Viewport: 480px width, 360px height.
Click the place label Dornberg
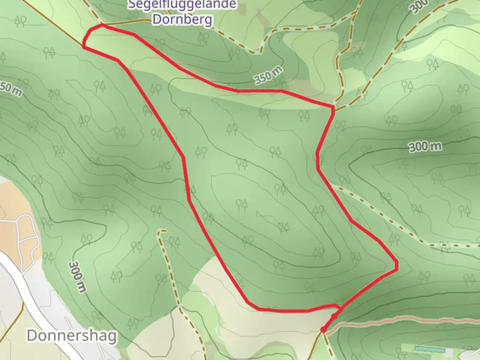click(182, 19)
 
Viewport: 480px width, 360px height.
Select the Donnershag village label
click(72, 335)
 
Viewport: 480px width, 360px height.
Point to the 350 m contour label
click(269, 75)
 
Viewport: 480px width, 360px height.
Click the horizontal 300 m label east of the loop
click(425, 147)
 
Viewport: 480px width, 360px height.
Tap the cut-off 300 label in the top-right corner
click(419, 6)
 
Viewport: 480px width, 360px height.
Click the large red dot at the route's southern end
click(323, 330)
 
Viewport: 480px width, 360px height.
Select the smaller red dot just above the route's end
click(334, 315)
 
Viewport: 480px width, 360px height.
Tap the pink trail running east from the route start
click(400, 321)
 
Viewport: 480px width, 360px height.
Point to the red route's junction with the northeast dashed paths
click(333, 107)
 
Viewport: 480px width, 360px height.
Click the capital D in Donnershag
click(32, 335)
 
